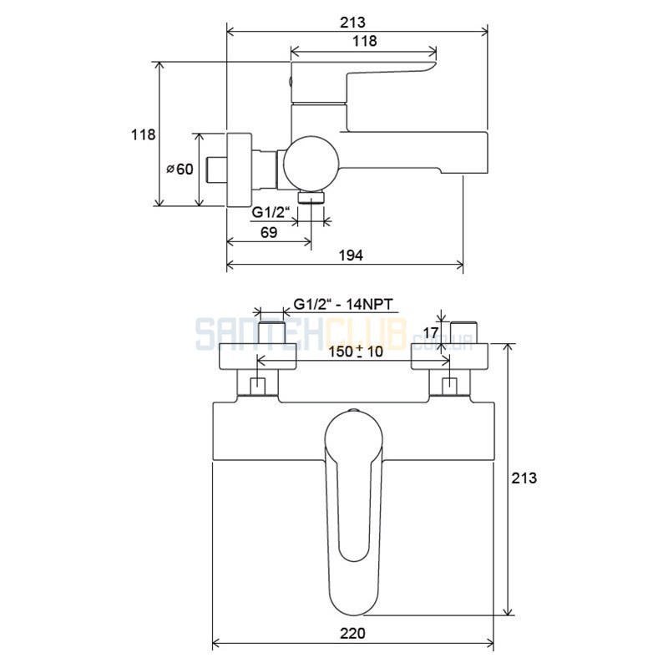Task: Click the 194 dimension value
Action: [351, 256]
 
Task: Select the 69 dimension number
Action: [268, 232]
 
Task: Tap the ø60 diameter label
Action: [180, 170]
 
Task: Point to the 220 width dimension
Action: [352, 634]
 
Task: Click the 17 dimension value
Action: [431, 332]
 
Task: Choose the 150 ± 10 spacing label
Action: [356, 352]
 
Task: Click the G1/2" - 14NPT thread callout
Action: [343, 305]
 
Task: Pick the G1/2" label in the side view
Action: [271, 212]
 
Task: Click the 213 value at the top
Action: [352, 23]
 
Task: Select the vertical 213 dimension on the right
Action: [524, 478]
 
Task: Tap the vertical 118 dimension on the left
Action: [143, 134]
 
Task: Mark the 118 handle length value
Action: [365, 41]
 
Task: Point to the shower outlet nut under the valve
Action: [311, 197]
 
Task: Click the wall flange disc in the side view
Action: [240, 170]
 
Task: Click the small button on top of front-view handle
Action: [353, 411]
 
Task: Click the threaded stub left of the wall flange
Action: [217, 170]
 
